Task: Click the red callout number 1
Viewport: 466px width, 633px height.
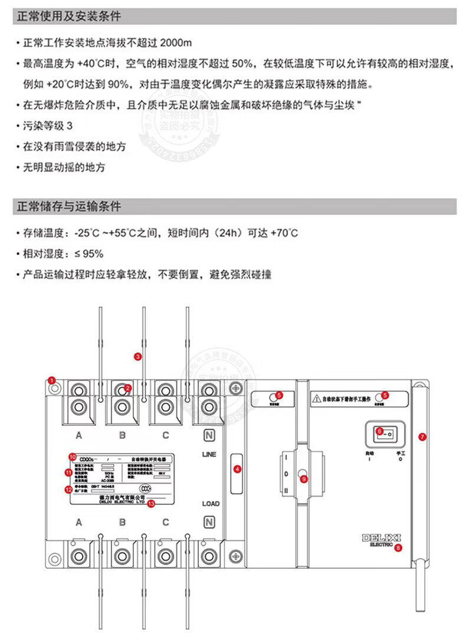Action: tap(52, 380)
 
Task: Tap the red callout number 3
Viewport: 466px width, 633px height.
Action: tap(137, 356)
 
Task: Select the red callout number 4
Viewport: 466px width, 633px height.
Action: tap(237, 469)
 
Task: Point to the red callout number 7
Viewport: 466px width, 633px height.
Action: tap(421, 437)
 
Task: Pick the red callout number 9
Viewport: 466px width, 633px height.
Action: tap(303, 479)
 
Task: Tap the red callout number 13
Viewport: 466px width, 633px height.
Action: tap(151, 504)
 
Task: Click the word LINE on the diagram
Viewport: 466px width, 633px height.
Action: tap(209, 455)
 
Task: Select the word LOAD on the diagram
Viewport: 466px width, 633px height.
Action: tap(211, 504)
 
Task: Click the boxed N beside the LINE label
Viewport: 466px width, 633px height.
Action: tap(208, 436)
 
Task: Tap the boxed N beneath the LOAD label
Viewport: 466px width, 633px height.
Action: tap(208, 522)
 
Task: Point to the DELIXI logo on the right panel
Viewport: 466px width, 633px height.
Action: tap(380, 539)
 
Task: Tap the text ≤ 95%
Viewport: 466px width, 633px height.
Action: tap(88, 254)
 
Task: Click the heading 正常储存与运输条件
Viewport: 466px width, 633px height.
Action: tap(68, 207)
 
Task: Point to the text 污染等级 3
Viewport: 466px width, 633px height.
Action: tap(50, 127)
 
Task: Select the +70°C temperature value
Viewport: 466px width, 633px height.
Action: tap(284, 233)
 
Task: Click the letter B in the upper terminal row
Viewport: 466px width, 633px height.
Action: tap(122, 436)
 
